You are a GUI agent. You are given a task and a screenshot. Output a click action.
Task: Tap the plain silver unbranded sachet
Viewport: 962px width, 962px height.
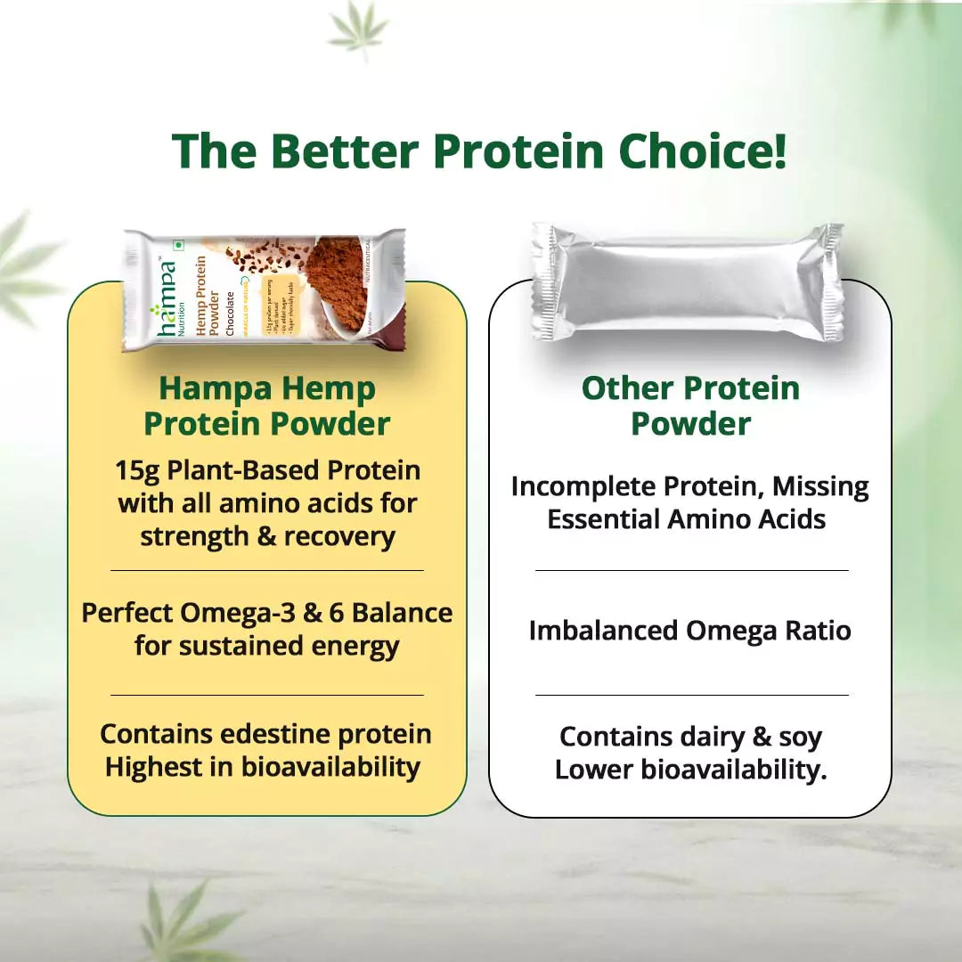(688, 282)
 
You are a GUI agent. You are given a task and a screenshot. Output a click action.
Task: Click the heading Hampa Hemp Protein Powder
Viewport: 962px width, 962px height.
(267, 406)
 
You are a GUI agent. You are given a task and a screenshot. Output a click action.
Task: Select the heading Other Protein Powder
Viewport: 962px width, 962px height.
(690, 406)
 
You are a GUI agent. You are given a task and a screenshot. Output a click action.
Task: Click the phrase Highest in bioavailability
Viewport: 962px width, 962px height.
(263, 767)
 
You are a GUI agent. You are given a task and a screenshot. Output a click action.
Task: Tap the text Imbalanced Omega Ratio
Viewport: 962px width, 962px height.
(690, 631)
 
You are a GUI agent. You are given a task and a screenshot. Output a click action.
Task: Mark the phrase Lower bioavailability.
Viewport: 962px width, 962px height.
(690, 770)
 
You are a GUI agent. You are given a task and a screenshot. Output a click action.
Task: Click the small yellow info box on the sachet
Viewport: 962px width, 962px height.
(281, 304)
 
